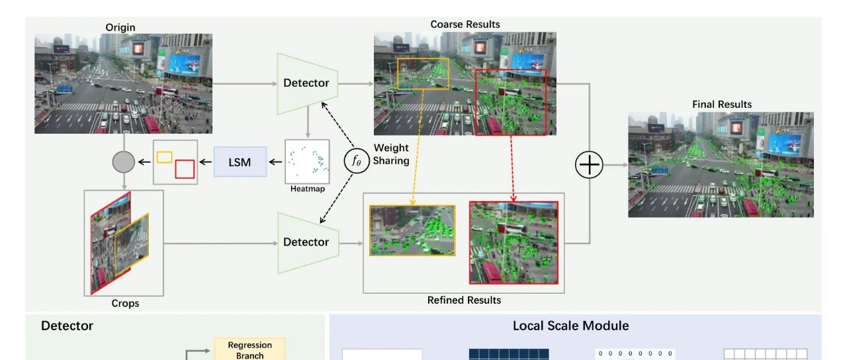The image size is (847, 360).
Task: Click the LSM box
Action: pyautogui.click(x=240, y=161)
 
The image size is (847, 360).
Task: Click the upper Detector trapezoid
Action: pyautogui.click(x=306, y=83)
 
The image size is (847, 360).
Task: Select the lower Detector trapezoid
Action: pyautogui.click(x=306, y=242)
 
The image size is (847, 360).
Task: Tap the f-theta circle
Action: pyautogui.click(x=356, y=161)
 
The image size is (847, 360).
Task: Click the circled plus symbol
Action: pyautogui.click(x=589, y=165)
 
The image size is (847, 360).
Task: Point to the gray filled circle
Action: pyautogui.click(x=124, y=161)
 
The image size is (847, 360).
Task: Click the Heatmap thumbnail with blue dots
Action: pyautogui.click(x=307, y=161)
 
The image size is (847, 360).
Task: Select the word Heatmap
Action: pyautogui.click(x=308, y=189)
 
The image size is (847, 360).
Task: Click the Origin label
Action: pyautogui.click(x=120, y=27)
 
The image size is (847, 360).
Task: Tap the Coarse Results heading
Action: pyautogui.click(x=465, y=24)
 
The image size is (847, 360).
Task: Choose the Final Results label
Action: pyautogui.click(x=722, y=104)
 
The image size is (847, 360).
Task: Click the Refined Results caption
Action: pyautogui.click(x=464, y=300)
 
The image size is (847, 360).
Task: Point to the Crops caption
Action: pyautogui.click(x=125, y=303)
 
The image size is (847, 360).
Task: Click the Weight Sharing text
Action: pyautogui.click(x=391, y=154)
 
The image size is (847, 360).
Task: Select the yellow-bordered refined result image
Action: pyautogui.click(x=412, y=230)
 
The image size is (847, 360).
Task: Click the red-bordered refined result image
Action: pyautogui.click(x=513, y=242)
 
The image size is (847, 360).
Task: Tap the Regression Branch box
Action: pyautogui.click(x=249, y=350)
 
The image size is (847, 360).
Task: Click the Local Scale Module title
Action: pyautogui.click(x=570, y=326)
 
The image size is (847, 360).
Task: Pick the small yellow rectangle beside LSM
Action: pyautogui.click(x=165, y=157)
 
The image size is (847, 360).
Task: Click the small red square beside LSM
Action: pyautogui.click(x=185, y=169)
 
